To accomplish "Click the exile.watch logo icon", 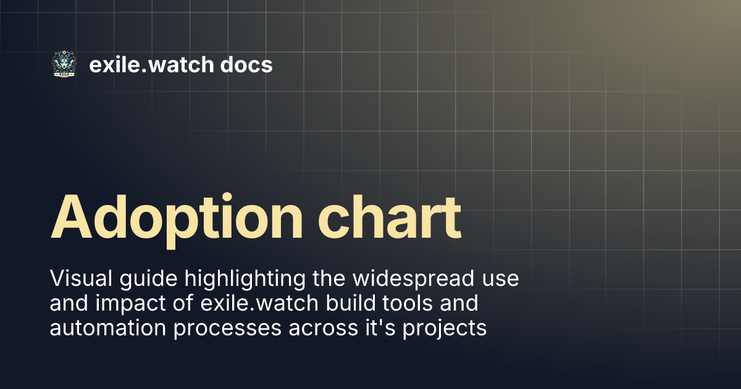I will (x=64, y=64).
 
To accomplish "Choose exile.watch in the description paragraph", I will (x=256, y=304).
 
